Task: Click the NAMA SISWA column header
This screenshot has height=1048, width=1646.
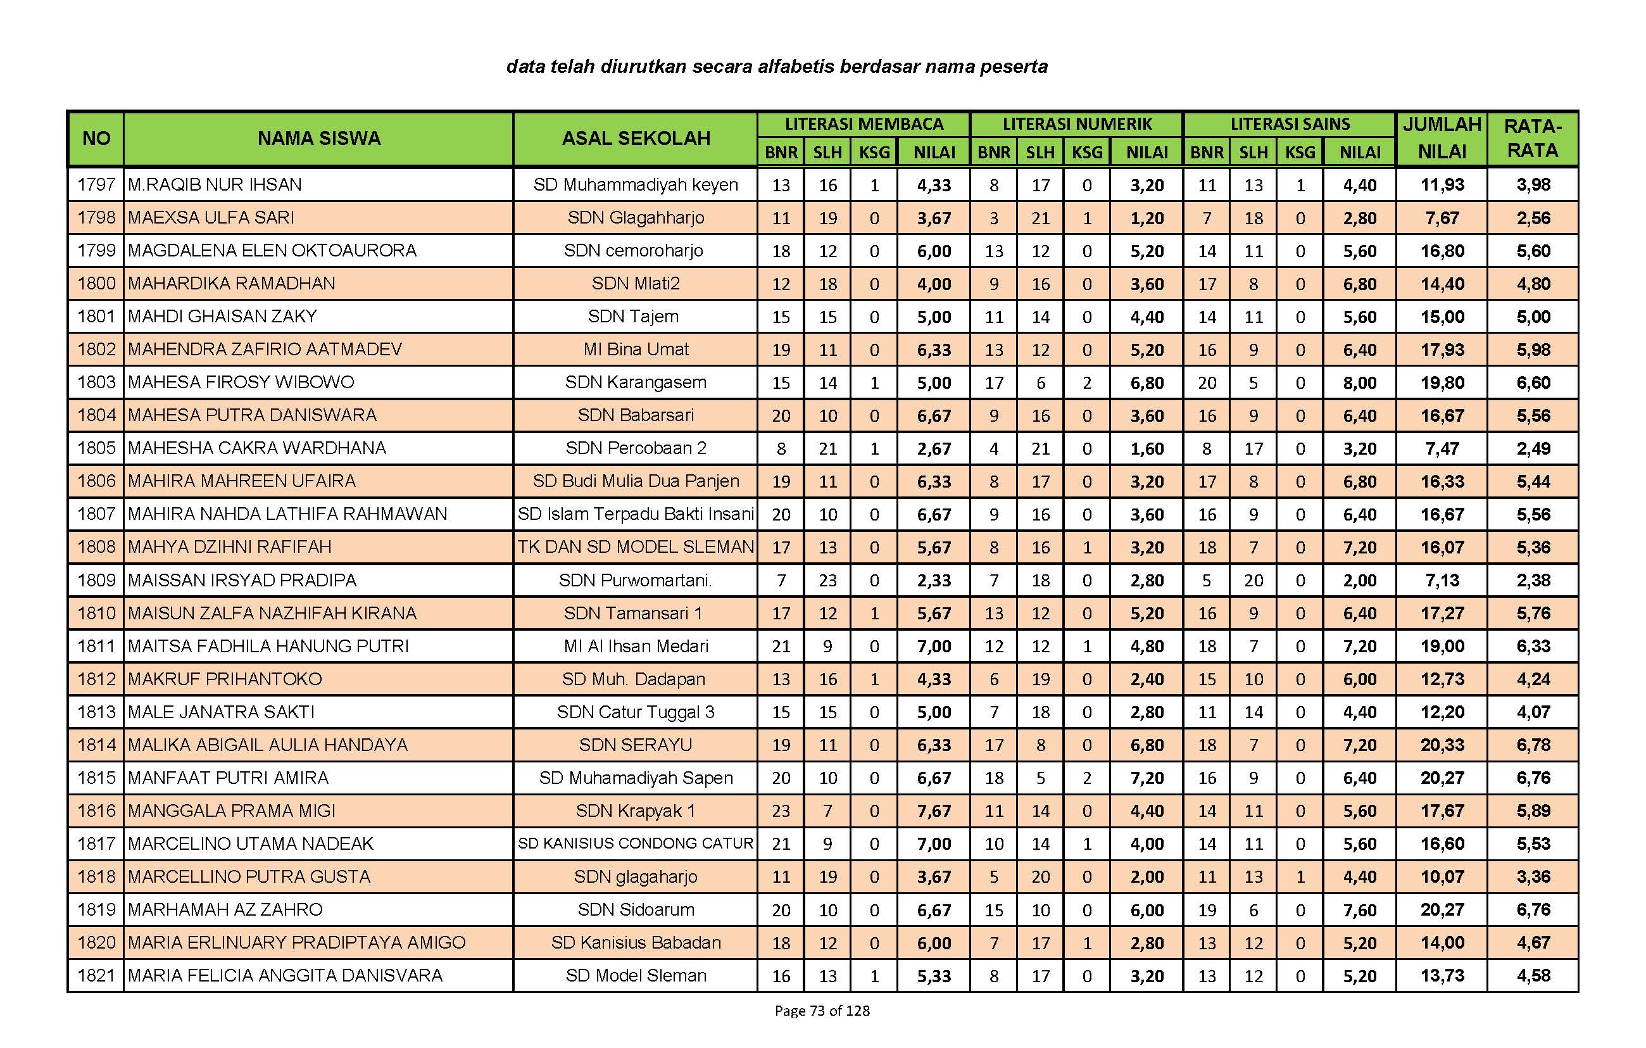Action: click(x=318, y=139)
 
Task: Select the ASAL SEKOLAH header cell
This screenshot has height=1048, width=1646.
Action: click(x=636, y=139)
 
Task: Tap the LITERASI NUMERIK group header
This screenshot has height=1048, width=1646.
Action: click(x=1077, y=124)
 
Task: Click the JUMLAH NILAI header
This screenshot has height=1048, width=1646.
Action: click(x=1442, y=138)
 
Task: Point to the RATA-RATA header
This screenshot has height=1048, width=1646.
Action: click(x=1533, y=138)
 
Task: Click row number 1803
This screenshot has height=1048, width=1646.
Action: click(x=96, y=382)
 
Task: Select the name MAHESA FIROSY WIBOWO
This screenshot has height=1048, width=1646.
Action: click(x=241, y=382)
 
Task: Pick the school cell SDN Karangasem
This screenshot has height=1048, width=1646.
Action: click(x=636, y=382)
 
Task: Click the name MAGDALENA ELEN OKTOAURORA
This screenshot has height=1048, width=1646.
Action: click(x=272, y=250)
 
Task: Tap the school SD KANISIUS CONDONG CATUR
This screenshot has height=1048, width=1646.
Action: click(x=636, y=843)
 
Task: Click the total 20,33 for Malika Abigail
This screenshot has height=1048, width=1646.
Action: click(x=1442, y=745)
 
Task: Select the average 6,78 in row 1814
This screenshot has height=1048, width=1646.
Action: click(x=1533, y=745)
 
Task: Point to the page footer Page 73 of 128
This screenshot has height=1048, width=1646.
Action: click(x=822, y=1011)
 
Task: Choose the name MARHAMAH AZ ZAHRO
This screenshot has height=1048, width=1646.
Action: click(x=225, y=910)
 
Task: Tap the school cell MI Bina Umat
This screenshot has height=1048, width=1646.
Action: click(x=636, y=350)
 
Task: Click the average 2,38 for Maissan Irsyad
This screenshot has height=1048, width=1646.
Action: click(x=1533, y=581)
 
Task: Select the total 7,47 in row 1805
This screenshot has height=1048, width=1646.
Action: click(x=1442, y=448)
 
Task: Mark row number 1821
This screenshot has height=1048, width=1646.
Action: click(x=96, y=976)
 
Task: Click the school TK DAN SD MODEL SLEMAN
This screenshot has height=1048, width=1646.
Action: click(x=636, y=547)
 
